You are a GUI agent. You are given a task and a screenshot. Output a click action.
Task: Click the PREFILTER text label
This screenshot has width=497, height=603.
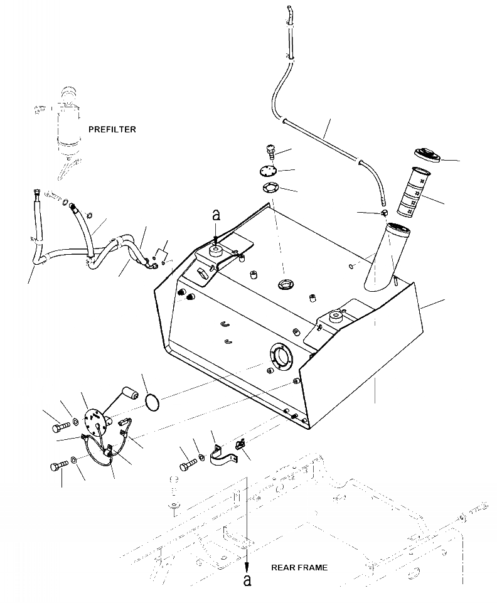click(112, 129)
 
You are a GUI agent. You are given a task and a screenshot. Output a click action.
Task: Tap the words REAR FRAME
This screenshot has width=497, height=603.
click(299, 567)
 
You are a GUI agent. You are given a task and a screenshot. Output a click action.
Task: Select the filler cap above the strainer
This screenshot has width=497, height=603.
click(427, 154)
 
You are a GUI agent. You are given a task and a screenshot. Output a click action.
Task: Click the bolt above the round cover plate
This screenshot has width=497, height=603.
click(270, 151)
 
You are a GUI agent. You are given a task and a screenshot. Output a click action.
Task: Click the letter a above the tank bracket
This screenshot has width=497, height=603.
click(216, 215)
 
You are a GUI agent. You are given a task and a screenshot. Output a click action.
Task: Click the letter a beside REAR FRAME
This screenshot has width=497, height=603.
click(247, 579)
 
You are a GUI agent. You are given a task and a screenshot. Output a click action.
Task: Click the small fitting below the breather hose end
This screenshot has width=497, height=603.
click(381, 215)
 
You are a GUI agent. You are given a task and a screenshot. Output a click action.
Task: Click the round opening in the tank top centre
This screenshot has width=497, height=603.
click(284, 284)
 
